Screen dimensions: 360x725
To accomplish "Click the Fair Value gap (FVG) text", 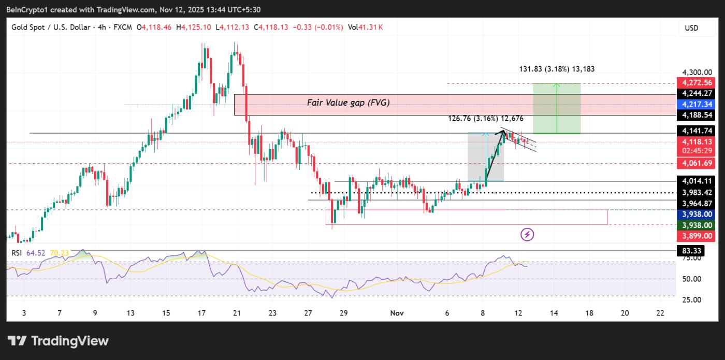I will click(348, 103).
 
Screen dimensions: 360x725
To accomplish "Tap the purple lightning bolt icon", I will click(527, 235).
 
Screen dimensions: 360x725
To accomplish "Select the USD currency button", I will click(691, 28).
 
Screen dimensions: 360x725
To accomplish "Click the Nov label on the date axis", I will click(397, 313).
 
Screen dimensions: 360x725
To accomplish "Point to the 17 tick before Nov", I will click(201, 313).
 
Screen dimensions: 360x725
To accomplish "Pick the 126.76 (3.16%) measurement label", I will click(486, 119).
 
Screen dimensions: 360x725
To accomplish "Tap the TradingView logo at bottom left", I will click(58, 341).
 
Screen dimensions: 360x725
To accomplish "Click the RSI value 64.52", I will click(40, 253).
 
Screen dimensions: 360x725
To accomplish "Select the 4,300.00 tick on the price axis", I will click(694, 73).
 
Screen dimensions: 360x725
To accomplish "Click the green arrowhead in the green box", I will click(557, 85).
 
